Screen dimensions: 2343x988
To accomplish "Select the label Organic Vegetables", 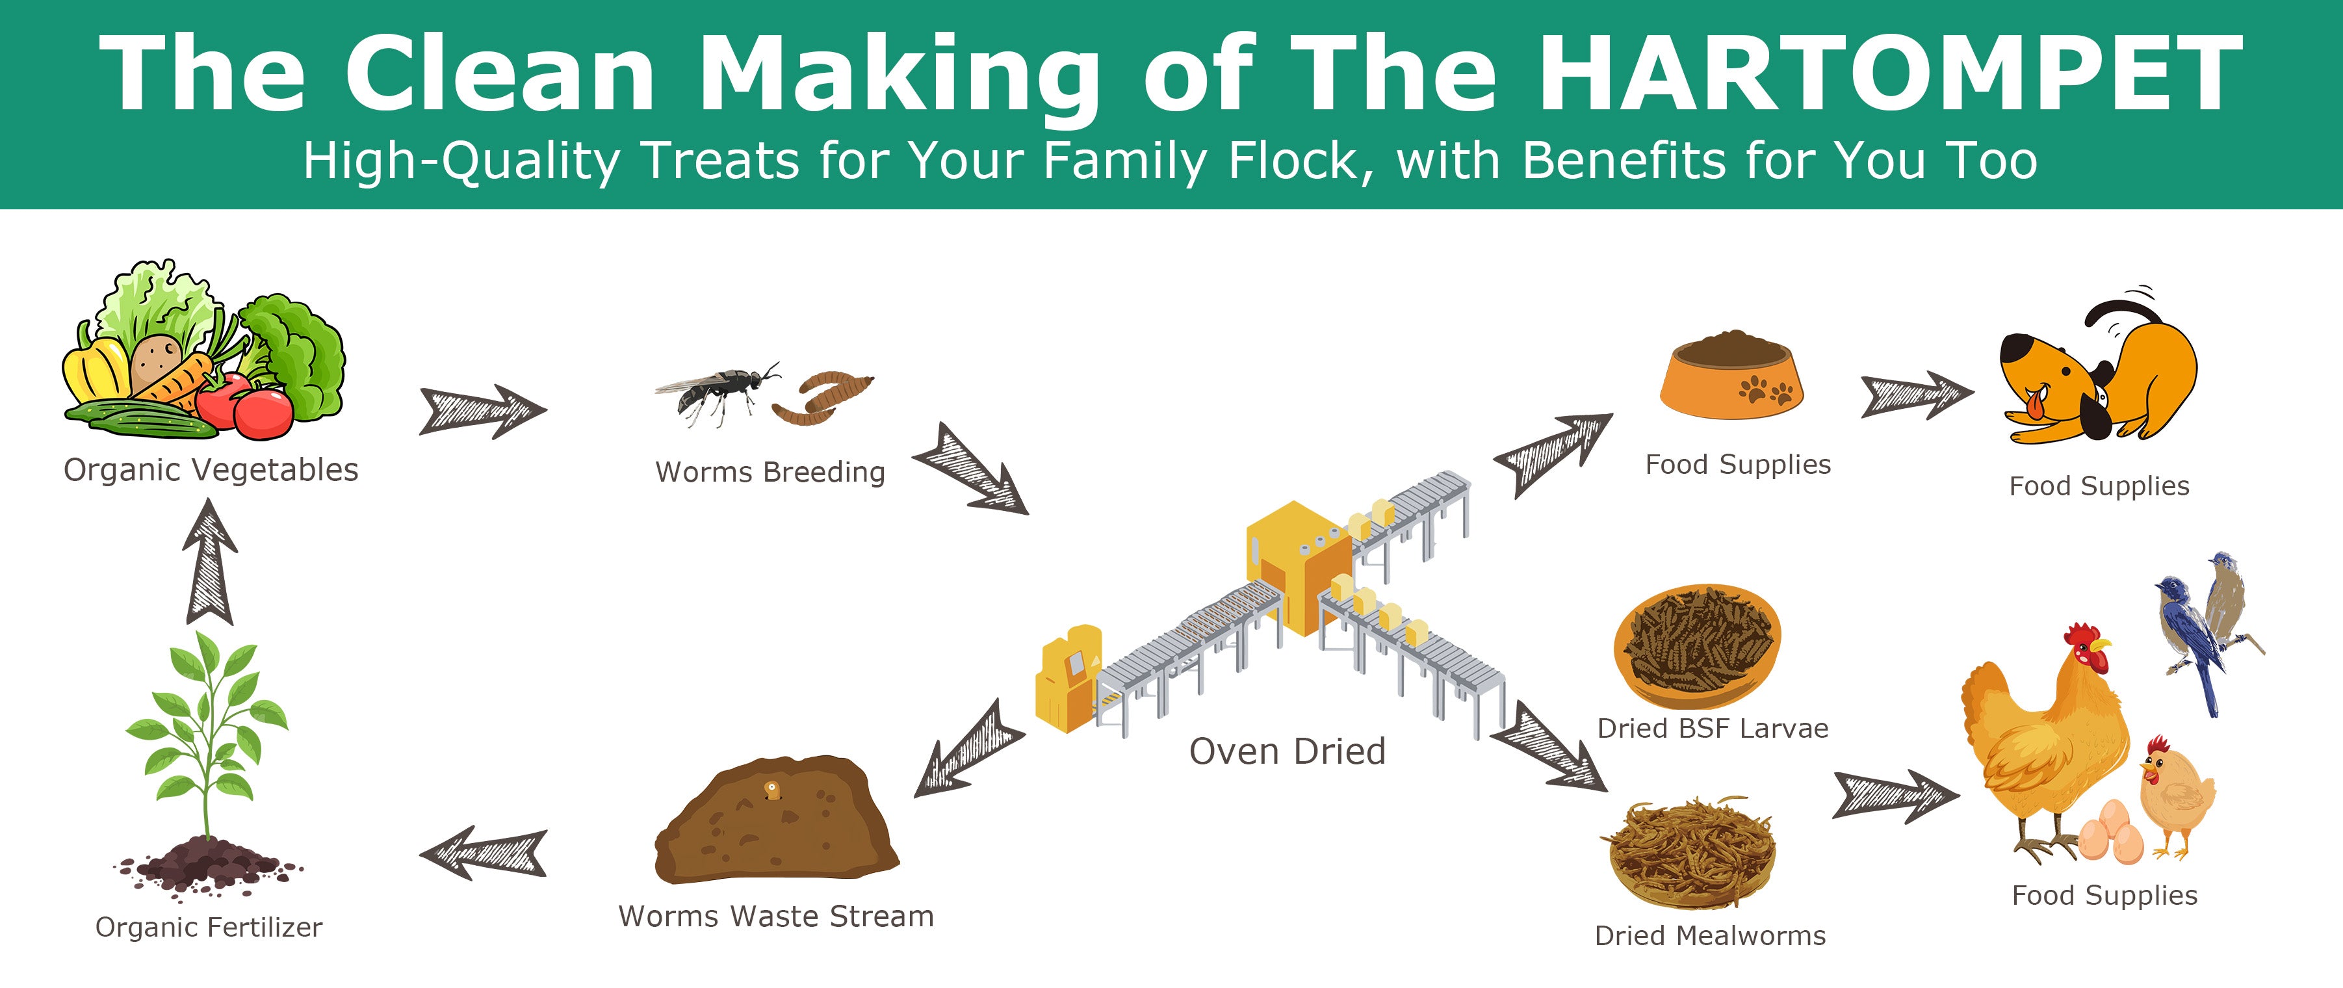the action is (211, 469).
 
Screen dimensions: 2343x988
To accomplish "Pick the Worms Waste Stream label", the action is (776, 915).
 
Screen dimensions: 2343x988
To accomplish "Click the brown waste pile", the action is (776, 820).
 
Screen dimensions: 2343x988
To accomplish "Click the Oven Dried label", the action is (1287, 751).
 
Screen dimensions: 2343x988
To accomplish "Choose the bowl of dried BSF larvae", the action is (1697, 647).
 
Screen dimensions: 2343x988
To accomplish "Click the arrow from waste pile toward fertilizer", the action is (483, 853).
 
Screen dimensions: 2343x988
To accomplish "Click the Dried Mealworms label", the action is (1710, 935).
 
